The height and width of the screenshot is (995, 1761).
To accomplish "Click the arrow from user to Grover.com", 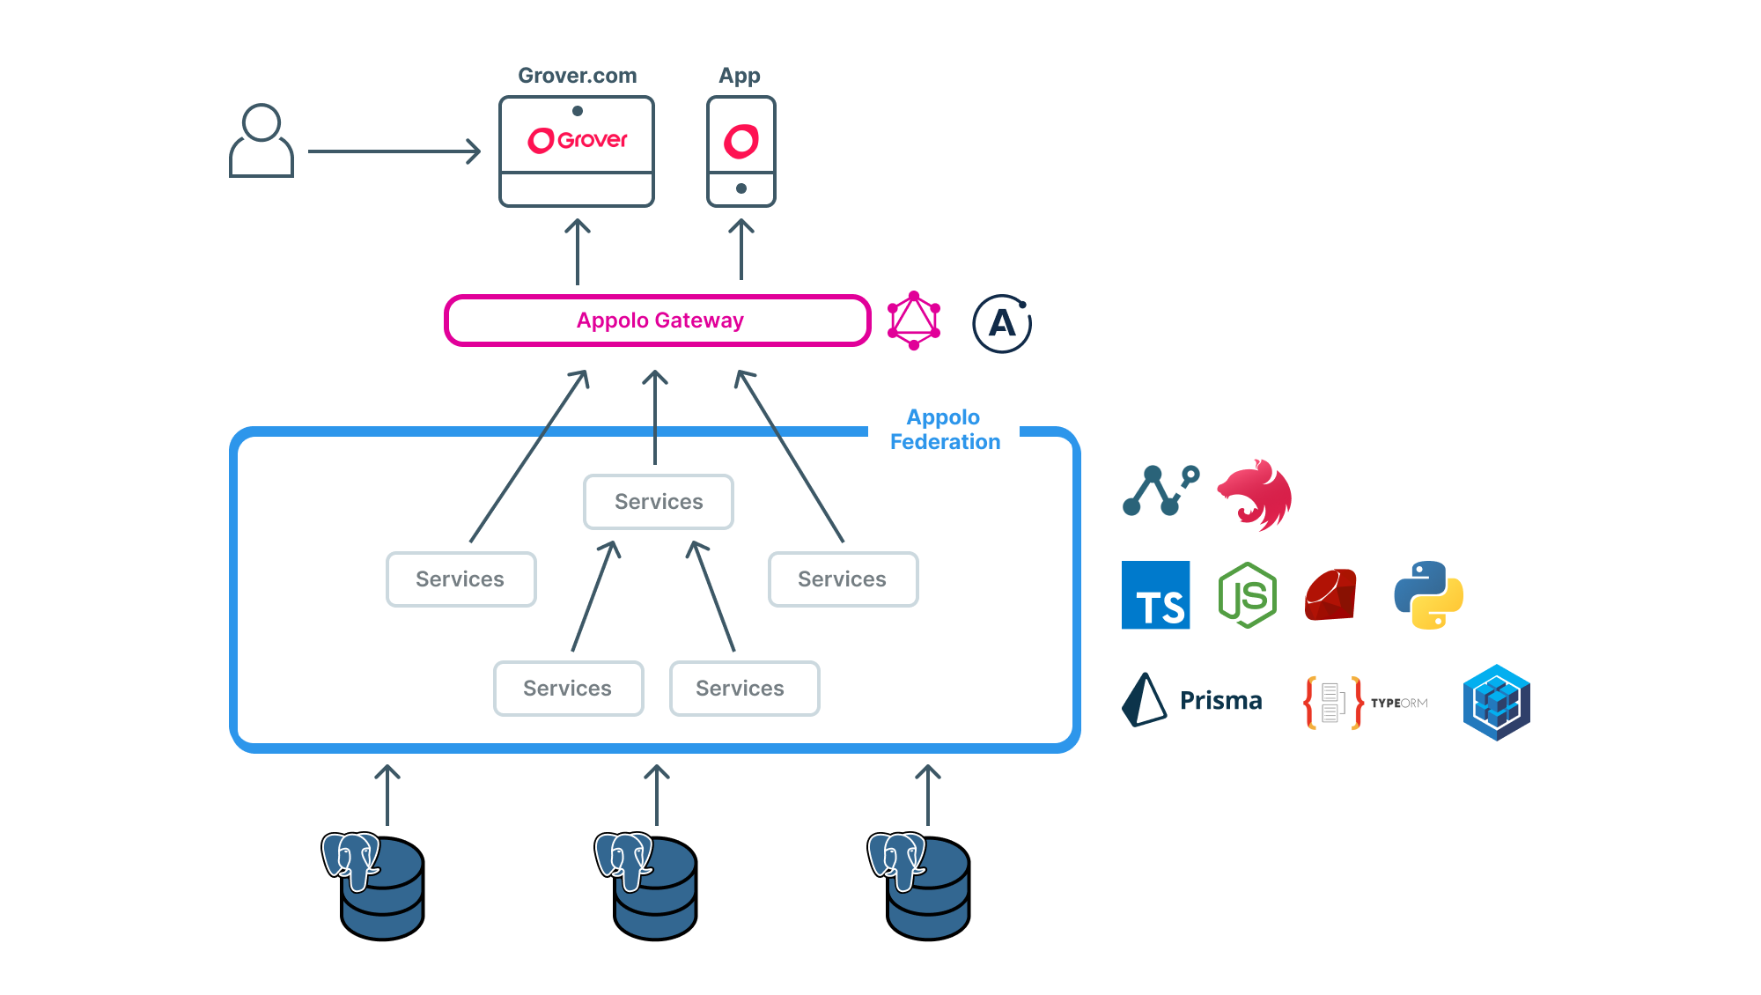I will pos(394,151).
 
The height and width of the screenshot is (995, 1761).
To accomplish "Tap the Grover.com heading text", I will pos(577,76).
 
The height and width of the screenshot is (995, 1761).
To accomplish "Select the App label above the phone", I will pos(739,76).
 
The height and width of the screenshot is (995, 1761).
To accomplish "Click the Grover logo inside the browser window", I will pos(577,140).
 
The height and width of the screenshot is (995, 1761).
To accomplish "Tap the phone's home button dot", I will pos(741,188).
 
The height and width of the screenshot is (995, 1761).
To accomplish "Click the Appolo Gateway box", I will pos(658,321).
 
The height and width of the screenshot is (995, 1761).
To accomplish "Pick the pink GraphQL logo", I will pos(913,321).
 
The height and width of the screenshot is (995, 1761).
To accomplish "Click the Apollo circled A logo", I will pos(1001,323).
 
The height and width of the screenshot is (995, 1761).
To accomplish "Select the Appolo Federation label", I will pos(944,430).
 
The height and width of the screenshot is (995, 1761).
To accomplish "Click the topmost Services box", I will pos(658,502).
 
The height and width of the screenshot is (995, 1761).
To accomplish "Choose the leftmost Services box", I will pos(461,579).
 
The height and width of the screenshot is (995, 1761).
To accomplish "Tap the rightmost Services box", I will pos(843,579).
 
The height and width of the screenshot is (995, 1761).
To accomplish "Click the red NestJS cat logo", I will pos(1256,495).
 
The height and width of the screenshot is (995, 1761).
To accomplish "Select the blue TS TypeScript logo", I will pos(1155,595).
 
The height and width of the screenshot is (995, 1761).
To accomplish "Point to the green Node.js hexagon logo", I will pos(1247,595).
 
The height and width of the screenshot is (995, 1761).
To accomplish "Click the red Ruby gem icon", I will pos(1330,595).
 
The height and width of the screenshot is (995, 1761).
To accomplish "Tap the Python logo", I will pos(1428,595).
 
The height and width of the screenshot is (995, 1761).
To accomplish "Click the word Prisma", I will pos(1220,701).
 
